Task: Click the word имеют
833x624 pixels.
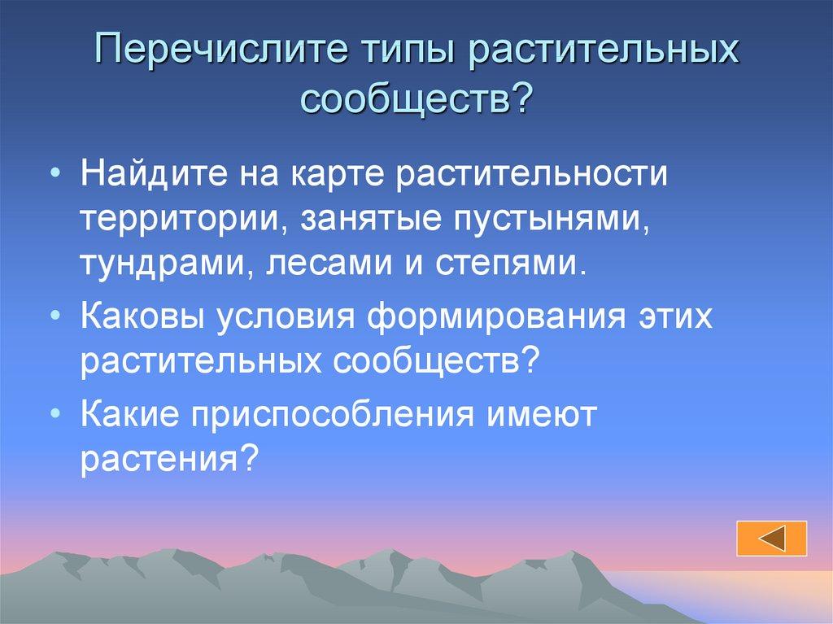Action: (543, 414)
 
